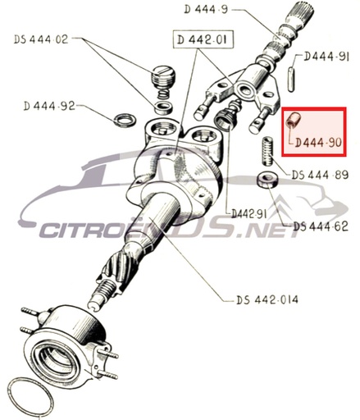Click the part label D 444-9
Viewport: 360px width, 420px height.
(x=206, y=10)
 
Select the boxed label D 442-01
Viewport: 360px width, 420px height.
(x=203, y=39)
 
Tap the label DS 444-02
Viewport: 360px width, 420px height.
(x=41, y=39)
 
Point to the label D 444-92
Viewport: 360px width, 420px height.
(x=49, y=106)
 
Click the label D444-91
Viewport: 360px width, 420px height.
(x=326, y=57)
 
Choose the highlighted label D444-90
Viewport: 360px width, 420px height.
(x=319, y=143)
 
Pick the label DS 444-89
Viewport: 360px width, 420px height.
(x=320, y=175)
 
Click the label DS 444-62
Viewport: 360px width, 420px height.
(x=321, y=226)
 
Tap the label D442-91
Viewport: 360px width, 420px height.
(x=248, y=214)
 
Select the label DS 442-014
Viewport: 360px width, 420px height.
(x=267, y=299)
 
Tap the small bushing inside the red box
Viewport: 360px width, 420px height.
(x=294, y=119)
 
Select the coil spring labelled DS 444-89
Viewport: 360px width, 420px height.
(x=268, y=151)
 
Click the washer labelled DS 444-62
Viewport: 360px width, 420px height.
(x=267, y=180)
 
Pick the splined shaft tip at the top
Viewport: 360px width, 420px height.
(x=303, y=11)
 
